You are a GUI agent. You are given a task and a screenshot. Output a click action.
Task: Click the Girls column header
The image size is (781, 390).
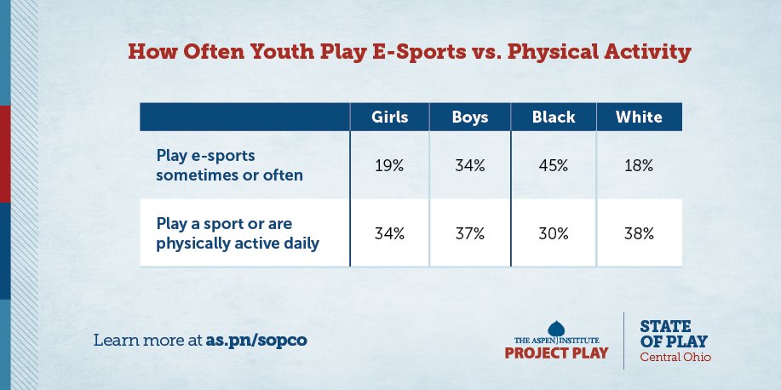point(389,118)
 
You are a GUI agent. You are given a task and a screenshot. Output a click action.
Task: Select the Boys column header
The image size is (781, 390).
point(469,118)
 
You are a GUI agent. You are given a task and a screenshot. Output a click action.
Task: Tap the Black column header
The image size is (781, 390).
point(553,118)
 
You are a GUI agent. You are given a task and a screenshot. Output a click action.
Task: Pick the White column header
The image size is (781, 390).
point(639,118)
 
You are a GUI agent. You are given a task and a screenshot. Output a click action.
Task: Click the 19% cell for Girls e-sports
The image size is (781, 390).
point(389,166)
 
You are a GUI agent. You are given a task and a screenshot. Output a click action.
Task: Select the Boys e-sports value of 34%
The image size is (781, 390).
point(469,166)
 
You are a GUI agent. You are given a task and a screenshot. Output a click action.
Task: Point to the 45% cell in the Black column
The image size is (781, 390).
point(553,166)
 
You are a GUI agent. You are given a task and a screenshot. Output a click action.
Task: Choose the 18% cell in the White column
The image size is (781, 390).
point(639,166)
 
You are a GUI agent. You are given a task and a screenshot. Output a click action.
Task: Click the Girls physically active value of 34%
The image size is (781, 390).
point(389,232)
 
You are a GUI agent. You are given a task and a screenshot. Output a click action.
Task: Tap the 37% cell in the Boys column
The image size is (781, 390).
point(469,232)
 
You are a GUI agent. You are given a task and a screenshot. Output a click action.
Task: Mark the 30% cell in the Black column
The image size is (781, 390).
point(553,232)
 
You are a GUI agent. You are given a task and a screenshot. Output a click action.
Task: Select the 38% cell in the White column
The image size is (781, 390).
point(639,232)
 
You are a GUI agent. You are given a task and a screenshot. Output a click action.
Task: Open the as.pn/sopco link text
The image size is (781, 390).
point(256,340)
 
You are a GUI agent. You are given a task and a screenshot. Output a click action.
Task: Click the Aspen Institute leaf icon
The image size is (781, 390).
point(557,329)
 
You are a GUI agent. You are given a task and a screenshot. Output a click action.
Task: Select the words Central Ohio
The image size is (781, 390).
point(675,357)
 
